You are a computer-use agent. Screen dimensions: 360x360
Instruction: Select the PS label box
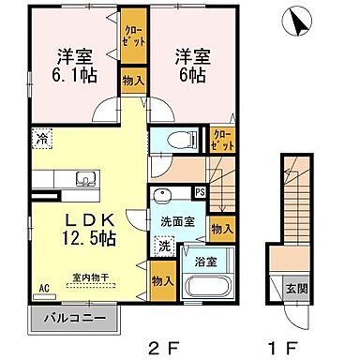(199, 193)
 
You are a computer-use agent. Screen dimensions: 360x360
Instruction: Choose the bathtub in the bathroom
(204, 288)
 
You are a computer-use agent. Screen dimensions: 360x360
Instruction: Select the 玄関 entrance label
(293, 287)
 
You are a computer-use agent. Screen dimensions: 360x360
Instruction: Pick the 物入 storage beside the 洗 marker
(161, 280)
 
